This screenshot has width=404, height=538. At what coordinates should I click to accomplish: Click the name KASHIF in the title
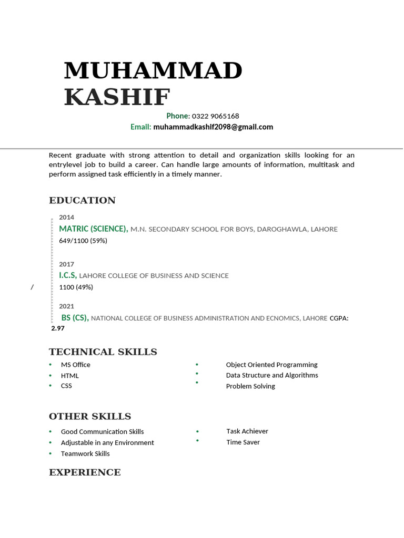[117, 97]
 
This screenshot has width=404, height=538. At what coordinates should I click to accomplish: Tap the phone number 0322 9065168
[215, 116]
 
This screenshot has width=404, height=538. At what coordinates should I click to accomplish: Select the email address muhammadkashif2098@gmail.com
[213, 127]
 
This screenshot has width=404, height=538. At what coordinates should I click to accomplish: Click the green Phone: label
[178, 116]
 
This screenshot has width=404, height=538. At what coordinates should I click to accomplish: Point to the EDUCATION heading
[82, 200]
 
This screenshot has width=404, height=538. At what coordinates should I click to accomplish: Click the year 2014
[66, 217]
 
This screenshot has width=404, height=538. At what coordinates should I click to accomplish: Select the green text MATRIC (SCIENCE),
[93, 229]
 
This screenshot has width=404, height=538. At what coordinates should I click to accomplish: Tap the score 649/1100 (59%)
[83, 241]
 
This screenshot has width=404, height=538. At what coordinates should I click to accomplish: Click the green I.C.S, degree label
[67, 275]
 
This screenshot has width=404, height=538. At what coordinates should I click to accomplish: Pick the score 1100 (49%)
[76, 287]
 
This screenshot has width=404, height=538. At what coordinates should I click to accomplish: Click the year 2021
[66, 306]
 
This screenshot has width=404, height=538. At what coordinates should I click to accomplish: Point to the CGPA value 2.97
[58, 328]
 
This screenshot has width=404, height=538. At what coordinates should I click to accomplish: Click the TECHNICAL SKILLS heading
[103, 352]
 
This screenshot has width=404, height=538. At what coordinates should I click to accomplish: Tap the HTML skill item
[69, 376]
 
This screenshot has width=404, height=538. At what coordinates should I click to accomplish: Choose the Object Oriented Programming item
[271, 365]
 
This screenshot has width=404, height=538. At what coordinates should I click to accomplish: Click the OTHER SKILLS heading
[89, 417]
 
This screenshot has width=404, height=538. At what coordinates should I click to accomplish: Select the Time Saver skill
[243, 442]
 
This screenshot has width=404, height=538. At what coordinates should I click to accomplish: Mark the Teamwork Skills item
[85, 453]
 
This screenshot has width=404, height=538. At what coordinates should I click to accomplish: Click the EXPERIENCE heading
[85, 472]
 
